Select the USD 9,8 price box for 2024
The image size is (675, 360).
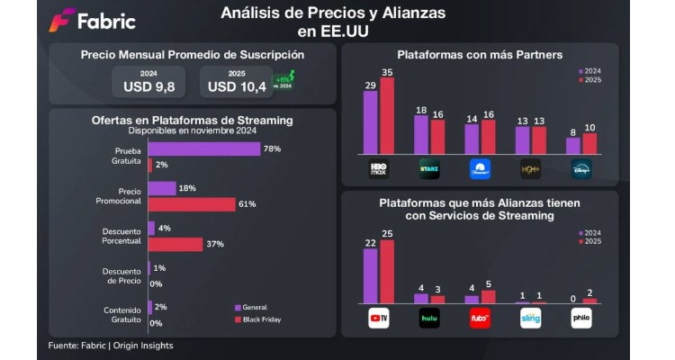point(149,83)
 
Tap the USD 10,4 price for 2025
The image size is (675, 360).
point(238,83)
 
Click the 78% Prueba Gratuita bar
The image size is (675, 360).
point(203,148)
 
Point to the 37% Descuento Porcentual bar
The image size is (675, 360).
point(175,244)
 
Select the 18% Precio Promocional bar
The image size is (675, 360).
point(161,188)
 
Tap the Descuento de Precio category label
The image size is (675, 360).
point(121,274)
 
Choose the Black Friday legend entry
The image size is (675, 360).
point(261,319)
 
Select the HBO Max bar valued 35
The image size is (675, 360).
point(387,116)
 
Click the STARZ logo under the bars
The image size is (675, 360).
point(428,167)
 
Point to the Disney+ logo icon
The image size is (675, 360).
point(581,167)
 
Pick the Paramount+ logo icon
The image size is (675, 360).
point(480,167)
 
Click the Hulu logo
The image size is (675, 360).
point(428,317)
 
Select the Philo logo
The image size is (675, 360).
point(581,317)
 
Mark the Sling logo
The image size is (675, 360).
point(531,317)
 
